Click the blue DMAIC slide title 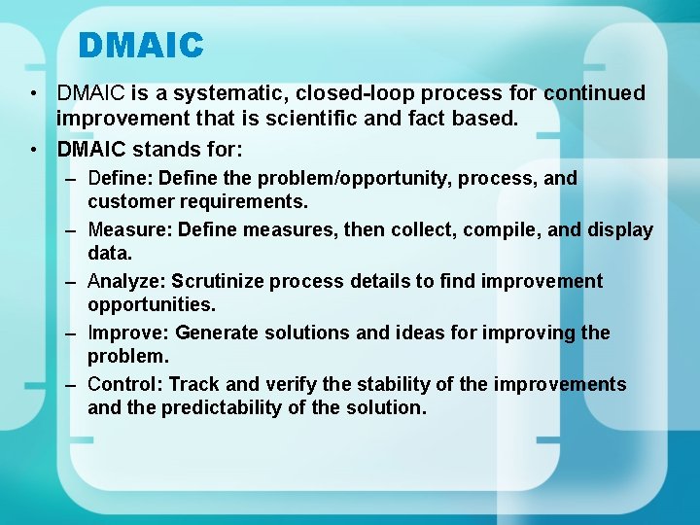click(x=141, y=46)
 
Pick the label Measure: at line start click(x=121, y=230)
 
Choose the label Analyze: click(x=126, y=282)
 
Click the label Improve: click(x=128, y=333)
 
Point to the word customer click(x=127, y=202)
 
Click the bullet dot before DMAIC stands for click(x=34, y=151)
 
